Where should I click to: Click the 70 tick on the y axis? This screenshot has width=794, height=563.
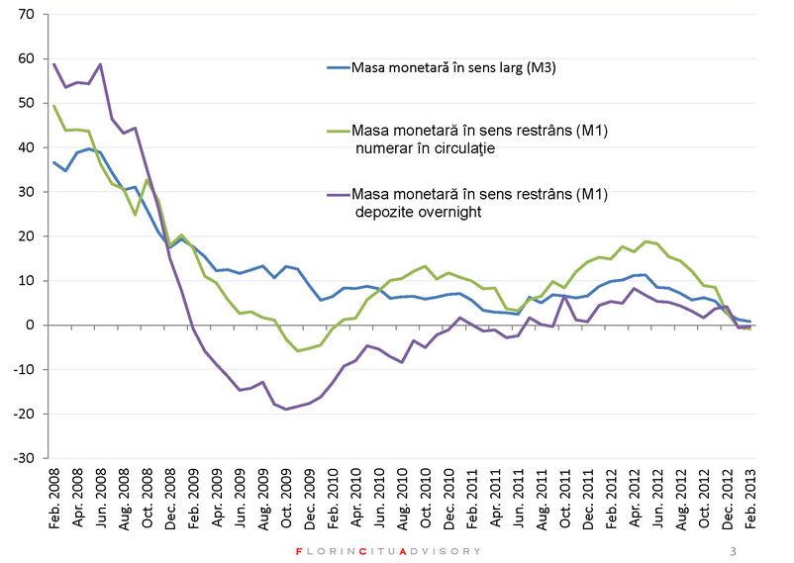point(25,15)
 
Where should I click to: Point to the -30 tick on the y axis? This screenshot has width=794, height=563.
point(23,459)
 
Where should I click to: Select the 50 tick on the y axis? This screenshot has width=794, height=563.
point(25,104)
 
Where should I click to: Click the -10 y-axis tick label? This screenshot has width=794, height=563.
point(23,370)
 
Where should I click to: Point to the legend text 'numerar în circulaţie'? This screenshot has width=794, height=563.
point(428,147)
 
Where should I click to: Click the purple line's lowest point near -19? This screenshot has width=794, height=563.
point(287,409)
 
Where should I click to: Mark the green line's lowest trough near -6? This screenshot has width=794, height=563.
point(298,350)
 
